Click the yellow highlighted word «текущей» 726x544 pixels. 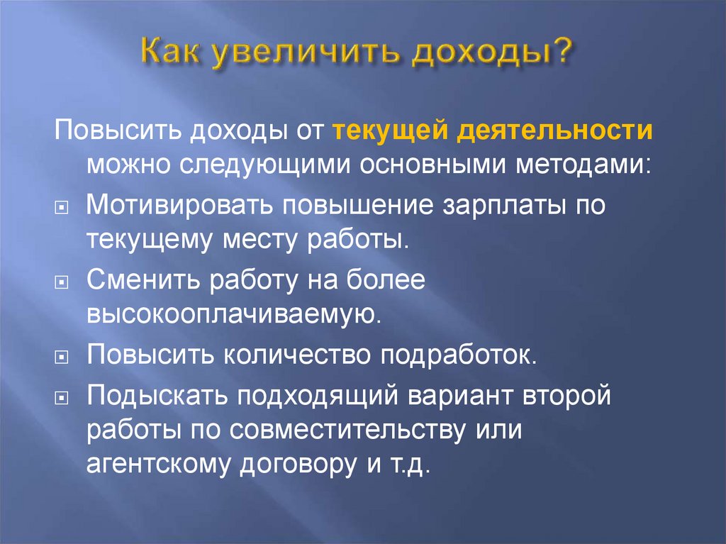(391, 131)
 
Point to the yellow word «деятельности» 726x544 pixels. (555, 131)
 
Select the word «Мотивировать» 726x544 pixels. (179, 204)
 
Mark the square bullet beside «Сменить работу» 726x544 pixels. (61, 282)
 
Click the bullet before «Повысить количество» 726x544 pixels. (61, 357)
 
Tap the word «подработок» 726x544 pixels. (458, 355)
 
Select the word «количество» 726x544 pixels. (297, 355)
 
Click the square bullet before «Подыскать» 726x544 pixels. (61, 397)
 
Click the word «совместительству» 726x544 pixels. (347, 431)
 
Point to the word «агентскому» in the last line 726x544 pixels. (158, 463)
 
